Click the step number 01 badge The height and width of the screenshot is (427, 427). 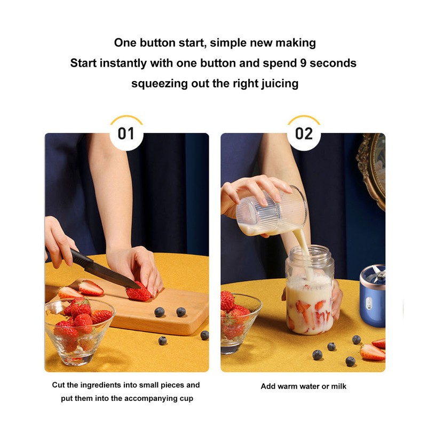[126, 133]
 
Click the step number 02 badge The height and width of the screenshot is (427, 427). [304, 133]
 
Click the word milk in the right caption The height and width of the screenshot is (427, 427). [337, 386]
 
